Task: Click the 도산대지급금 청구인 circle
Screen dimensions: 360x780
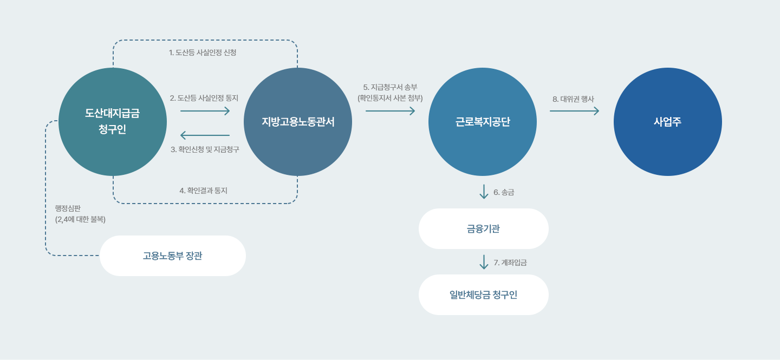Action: click(113, 122)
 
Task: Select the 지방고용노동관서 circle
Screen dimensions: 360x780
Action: click(298, 122)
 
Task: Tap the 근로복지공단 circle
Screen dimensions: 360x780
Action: click(483, 122)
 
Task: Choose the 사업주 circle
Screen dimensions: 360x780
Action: click(667, 122)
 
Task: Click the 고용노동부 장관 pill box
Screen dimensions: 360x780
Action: click(173, 256)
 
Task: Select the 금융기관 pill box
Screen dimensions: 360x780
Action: click(483, 228)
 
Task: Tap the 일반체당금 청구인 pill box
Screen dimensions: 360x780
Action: click(483, 294)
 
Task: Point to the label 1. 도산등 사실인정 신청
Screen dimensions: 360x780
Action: click(203, 53)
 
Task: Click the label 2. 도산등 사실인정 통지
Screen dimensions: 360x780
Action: click(204, 98)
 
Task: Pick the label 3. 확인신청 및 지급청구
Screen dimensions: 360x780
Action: click(205, 149)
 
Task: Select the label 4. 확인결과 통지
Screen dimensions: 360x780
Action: click(203, 191)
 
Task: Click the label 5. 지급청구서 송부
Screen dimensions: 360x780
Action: click(390, 87)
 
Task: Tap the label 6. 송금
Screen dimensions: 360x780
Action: click(504, 192)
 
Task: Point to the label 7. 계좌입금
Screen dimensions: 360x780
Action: click(510, 263)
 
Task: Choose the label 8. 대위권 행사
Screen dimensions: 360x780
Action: click(573, 99)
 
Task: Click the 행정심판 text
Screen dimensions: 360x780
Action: click(68, 208)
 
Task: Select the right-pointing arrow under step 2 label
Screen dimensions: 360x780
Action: click(205, 111)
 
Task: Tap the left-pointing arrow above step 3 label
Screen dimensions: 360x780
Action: click(205, 135)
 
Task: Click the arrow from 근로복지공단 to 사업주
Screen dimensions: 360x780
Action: click(574, 111)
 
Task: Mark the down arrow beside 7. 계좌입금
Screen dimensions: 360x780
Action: click(484, 262)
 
